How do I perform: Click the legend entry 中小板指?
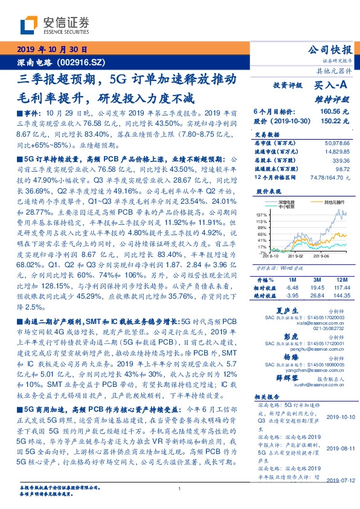(x=288, y=206)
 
